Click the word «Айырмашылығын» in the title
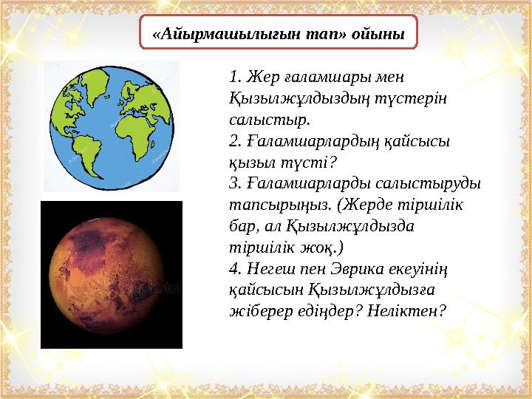coord(221,34)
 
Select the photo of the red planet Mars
coord(112,274)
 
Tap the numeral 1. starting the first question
coord(236,76)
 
